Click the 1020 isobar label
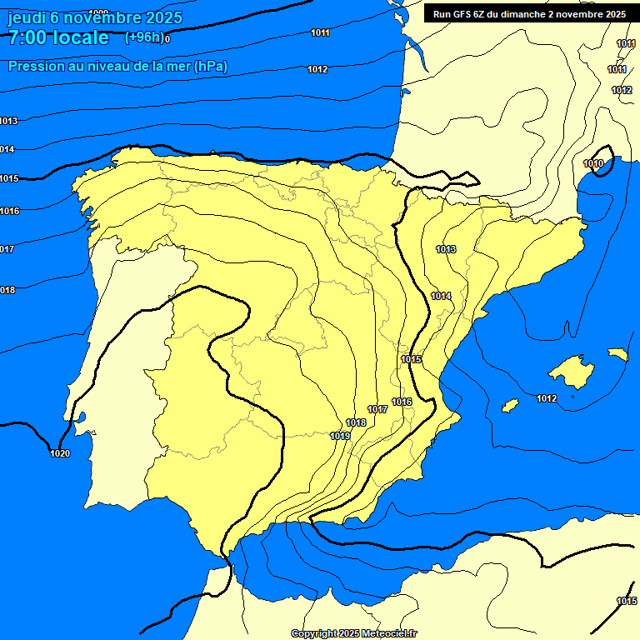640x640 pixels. (x=60, y=453)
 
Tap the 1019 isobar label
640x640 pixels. (x=340, y=436)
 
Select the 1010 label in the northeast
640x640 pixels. (x=593, y=163)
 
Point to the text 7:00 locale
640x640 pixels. (x=58, y=37)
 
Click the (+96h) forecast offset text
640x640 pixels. (x=145, y=37)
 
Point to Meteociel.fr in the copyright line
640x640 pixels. (x=389, y=634)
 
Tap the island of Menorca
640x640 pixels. (x=617, y=354)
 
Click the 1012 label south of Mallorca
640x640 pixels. (x=547, y=398)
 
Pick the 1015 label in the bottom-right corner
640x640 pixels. (x=627, y=601)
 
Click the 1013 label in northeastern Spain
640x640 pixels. (x=446, y=249)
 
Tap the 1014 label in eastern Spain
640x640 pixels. (x=441, y=296)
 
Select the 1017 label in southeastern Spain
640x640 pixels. (x=377, y=409)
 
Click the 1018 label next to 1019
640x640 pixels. (x=356, y=422)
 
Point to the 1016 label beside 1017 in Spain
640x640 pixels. (x=402, y=402)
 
